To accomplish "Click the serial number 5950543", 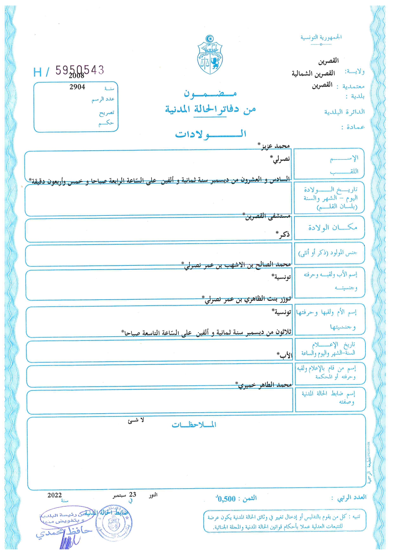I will [80, 70].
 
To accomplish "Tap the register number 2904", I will [77, 87].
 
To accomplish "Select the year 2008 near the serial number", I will [77, 76].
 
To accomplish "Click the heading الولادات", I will [211, 134].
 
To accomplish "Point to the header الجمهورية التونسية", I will [321, 37].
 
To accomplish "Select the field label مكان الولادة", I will [333, 227].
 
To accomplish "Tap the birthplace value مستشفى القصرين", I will [268, 216].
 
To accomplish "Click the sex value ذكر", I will [284, 234].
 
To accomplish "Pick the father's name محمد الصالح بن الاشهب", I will [238, 265].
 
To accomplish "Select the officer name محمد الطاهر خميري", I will [265, 385].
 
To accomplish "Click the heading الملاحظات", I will [194, 425].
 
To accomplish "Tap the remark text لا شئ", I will [136, 420].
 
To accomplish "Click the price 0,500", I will [227, 499].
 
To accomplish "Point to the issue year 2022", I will [55, 495].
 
